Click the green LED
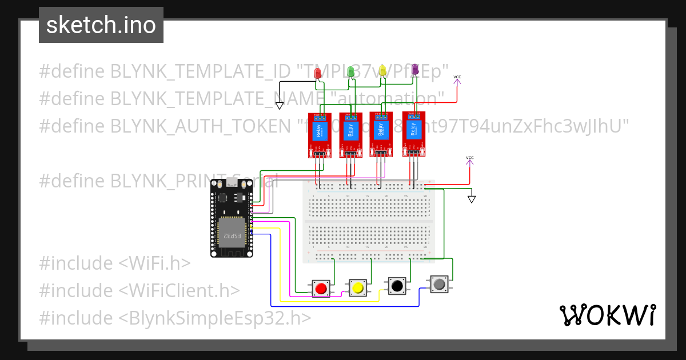click(351, 71)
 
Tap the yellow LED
click(383, 70)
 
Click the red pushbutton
click(321, 288)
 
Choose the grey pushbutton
click(439, 283)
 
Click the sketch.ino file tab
click(101, 25)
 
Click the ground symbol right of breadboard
click(472, 199)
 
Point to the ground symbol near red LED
click(280, 105)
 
